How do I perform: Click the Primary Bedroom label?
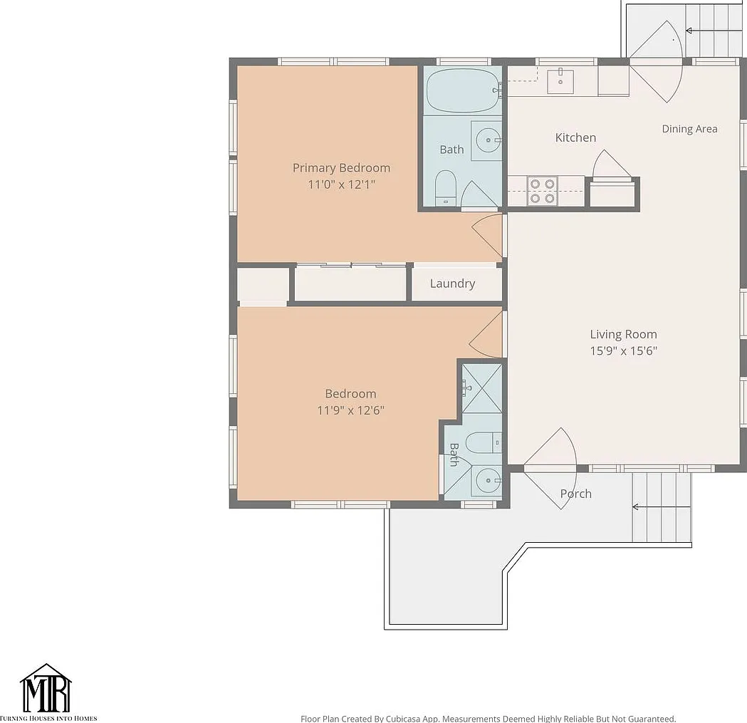pyautogui.click(x=341, y=168)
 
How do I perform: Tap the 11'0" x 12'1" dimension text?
pyautogui.click(x=341, y=184)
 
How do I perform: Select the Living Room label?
pyautogui.click(x=623, y=334)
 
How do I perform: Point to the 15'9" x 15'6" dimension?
pyautogui.click(x=623, y=350)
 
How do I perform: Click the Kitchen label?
pyautogui.click(x=575, y=137)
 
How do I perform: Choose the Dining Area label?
pyautogui.click(x=689, y=129)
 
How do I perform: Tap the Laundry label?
pyautogui.click(x=453, y=284)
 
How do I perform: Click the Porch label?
pyautogui.click(x=576, y=494)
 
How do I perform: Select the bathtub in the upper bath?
pyautogui.click(x=462, y=90)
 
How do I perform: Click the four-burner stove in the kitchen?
pyautogui.click(x=542, y=191)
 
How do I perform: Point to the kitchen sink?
pyautogui.click(x=560, y=81)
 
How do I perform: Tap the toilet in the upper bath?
pyautogui.click(x=446, y=188)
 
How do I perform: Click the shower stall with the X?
pyautogui.click(x=481, y=388)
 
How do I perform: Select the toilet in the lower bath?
pyautogui.click(x=483, y=443)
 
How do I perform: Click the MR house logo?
pyautogui.click(x=46, y=688)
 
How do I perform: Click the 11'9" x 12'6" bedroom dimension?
pyautogui.click(x=350, y=410)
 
